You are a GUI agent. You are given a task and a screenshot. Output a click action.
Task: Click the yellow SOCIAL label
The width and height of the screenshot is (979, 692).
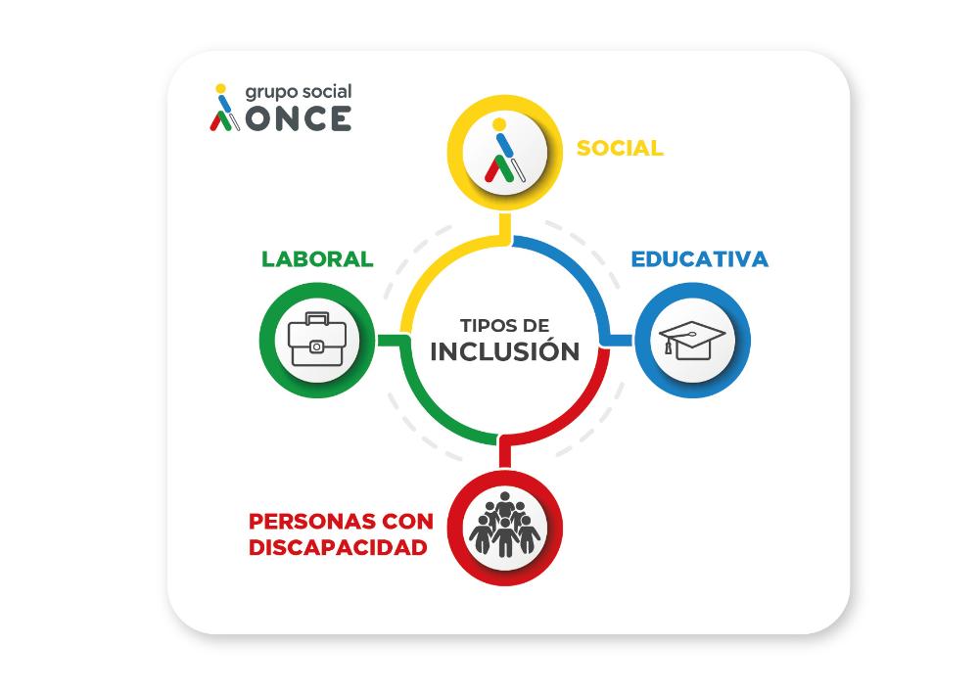[x=620, y=149]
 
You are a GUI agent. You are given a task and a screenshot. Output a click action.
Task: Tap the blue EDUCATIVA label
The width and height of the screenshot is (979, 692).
[x=699, y=259]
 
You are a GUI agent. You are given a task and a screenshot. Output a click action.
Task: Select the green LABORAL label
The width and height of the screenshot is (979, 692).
[x=317, y=259]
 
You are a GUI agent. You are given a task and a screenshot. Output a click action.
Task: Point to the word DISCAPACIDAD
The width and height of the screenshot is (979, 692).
[x=338, y=548]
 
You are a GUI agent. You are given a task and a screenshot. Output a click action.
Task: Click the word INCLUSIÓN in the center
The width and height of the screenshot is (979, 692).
[x=505, y=352]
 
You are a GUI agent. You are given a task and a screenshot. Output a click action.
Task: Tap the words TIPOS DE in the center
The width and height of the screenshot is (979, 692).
[x=505, y=325]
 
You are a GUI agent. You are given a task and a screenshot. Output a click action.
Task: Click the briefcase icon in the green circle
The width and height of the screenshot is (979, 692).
[x=315, y=340]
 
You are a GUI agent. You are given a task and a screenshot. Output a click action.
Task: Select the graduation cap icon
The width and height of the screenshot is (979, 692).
[x=692, y=340]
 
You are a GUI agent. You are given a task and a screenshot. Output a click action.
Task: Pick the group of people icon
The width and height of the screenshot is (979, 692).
[x=504, y=528]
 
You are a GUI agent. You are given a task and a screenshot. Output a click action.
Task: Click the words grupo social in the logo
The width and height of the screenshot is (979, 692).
[x=298, y=92]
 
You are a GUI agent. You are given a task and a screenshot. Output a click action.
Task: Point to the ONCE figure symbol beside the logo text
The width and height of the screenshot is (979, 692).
[x=225, y=108]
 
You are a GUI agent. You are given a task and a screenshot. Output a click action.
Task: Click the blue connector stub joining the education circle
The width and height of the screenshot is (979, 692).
[x=621, y=339]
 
